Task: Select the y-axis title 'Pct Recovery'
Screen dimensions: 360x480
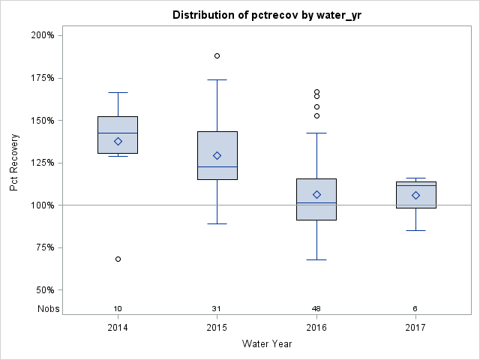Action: point(15,163)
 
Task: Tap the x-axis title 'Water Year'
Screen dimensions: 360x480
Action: point(266,344)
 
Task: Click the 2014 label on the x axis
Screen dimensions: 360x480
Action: point(118,328)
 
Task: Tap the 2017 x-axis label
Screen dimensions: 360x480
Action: point(415,328)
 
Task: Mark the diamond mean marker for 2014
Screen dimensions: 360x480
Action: point(118,141)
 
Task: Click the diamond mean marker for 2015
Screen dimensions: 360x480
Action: point(217,155)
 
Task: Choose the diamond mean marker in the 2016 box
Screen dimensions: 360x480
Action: point(316,194)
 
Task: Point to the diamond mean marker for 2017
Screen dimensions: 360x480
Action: point(415,195)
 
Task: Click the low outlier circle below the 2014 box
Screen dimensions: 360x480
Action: point(118,259)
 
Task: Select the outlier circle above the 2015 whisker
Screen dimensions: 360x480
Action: point(217,55)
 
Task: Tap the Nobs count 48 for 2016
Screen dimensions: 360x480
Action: point(316,309)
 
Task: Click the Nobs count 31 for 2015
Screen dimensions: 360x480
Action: point(217,309)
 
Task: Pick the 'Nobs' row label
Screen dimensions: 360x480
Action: point(49,309)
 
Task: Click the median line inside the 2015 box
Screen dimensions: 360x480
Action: point(217,166)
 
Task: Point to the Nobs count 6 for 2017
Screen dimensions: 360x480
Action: point(415,309)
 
